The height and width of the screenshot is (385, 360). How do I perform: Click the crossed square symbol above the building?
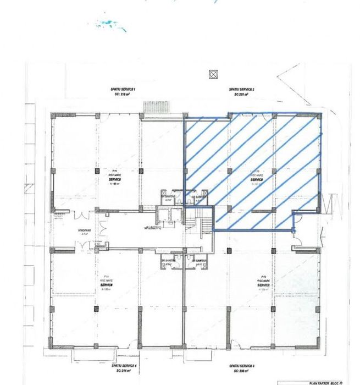pos(213,73)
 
